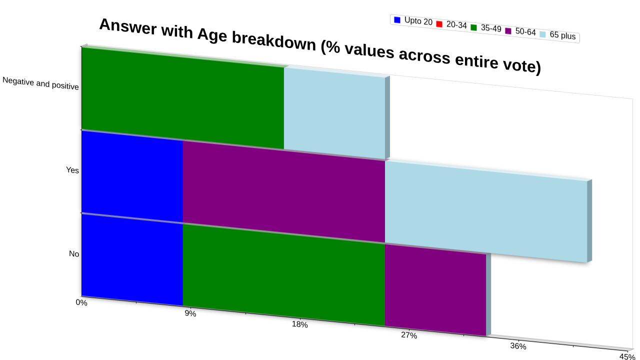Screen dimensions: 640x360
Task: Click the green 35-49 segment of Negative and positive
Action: coord(183,97)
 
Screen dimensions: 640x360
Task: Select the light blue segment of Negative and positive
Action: coord(334,113)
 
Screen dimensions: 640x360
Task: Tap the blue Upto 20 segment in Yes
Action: coord(132,176)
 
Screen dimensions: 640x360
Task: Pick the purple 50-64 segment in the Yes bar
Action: coord(284,191)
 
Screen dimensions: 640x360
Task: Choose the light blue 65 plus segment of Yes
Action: coord(486,211)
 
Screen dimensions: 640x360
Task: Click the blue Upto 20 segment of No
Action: coord(132,259)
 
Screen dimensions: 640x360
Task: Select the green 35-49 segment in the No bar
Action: coord(284,275)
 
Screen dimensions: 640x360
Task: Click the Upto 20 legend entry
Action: coord(413,21)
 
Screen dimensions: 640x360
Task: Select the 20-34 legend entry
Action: coord(451,24)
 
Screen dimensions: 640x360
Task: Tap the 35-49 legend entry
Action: coord(486,28)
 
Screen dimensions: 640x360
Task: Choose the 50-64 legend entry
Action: coord(520,31)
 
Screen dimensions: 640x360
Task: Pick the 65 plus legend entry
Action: coord(557,35)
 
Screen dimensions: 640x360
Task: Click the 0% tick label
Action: coord(81,302)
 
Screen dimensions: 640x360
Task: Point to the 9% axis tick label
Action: coord(190,313)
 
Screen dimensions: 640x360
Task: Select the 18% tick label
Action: coord(299,324)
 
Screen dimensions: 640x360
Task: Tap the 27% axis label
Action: coord(409,335)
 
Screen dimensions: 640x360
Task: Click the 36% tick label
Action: coord(518,346)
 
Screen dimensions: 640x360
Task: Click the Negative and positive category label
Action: coord(40,83)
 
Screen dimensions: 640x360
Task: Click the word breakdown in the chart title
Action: coord(273,41)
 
